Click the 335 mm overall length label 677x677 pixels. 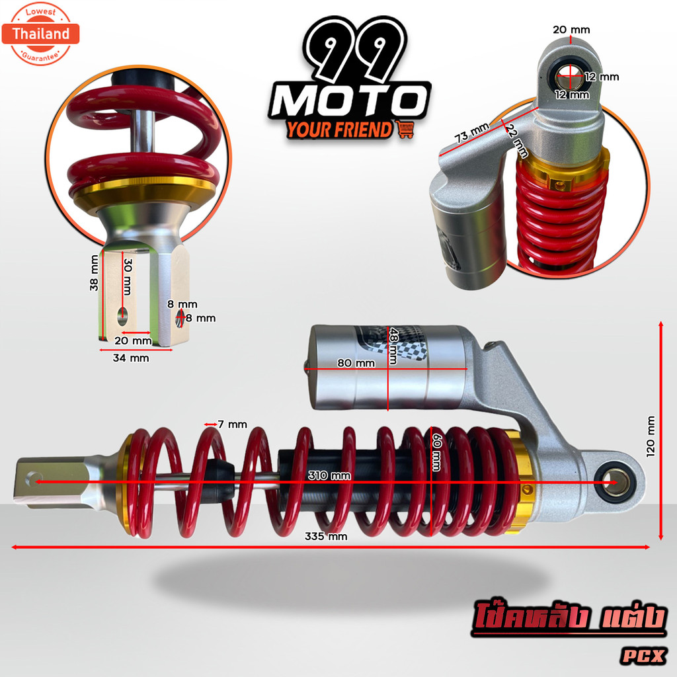click(x=326, y=536)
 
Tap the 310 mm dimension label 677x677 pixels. click(x=329, y=476)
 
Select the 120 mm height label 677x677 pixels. click(x=651, y=436)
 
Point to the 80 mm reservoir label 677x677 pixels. click(x=356, y=363)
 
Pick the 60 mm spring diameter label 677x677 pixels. click(x=437, y=452)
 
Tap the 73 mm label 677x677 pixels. click(x=472, y=132)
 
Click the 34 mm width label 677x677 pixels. click(x=131, y=358)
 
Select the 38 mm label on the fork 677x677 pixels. click(x=94, y=273)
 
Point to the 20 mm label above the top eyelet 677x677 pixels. click(x=571, y=30)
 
